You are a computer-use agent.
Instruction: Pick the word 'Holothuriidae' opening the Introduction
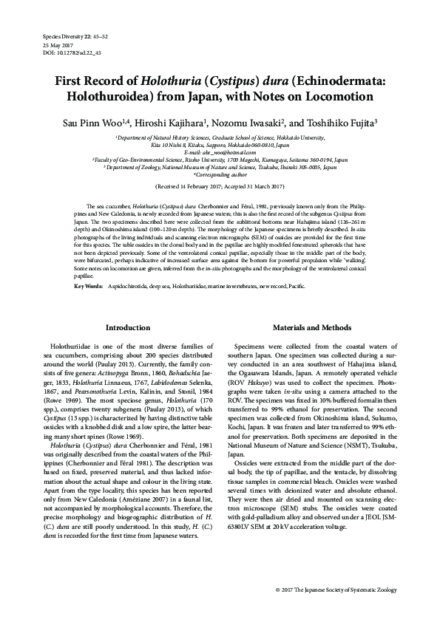coord(72,346)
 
